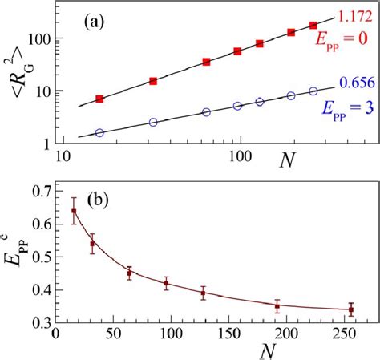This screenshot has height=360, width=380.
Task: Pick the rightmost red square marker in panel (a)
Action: click(x=313, y=26)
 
